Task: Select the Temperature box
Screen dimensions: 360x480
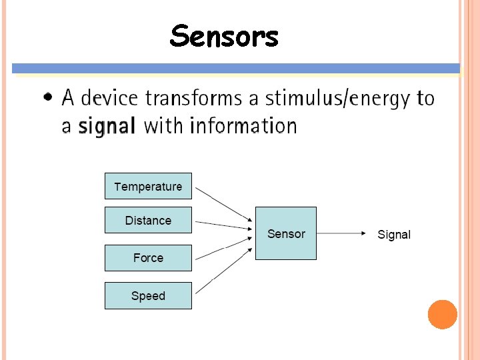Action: tap(148, 186)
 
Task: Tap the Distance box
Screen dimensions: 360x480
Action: tap(148, 220)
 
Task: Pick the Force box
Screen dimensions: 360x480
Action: tap(148, 258)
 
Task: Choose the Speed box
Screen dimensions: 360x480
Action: tap(148, 296)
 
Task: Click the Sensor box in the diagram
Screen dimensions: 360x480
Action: tap(286, 233)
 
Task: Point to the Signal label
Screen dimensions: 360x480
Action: tap(394, 235)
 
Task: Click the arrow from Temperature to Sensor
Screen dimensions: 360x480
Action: tap(224, 205)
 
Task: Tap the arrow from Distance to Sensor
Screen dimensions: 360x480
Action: tap(223, 225)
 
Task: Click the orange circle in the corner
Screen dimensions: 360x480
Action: tap(443, 314)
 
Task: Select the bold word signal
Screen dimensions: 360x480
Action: tap(107, 125)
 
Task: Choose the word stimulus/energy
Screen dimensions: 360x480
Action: tap(338, 99)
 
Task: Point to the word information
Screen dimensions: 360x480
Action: tap(243, 125)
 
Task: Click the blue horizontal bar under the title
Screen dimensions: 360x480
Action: tap(236, 68)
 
